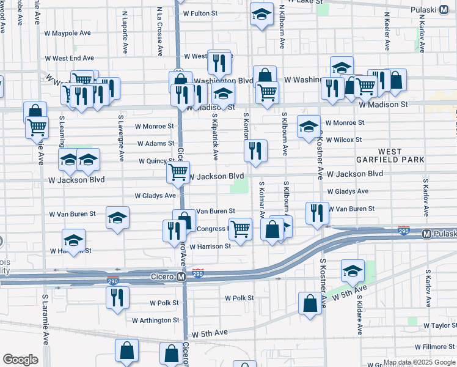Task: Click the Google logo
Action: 20,359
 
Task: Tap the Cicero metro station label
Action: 163,277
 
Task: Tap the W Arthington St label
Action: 156,320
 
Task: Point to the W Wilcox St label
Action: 343,139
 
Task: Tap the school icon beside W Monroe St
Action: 309,126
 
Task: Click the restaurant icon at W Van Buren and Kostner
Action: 316,213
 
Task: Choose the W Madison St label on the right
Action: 383,105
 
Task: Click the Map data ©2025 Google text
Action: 420,362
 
